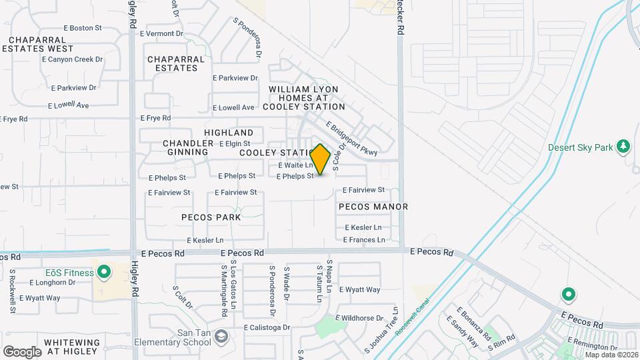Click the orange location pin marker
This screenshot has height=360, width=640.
320,159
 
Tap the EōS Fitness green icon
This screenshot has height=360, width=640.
104,272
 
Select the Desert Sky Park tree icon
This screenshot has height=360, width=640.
623,146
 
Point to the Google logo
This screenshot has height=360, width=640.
22,351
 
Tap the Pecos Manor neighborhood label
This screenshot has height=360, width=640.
373,207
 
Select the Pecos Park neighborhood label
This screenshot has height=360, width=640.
211,217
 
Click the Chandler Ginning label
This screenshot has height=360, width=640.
185,148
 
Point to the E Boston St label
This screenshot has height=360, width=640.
82,28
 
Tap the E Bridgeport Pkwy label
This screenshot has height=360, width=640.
351,139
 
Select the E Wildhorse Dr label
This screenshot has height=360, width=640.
359,318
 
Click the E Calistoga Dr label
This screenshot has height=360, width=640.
267,327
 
